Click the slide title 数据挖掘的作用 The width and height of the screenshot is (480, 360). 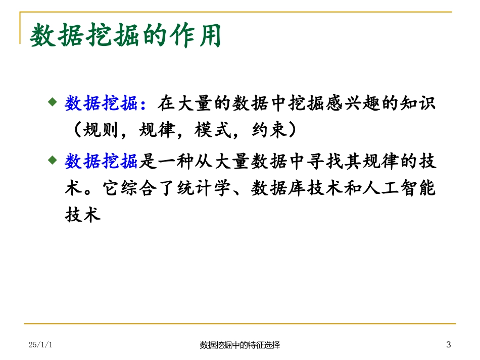(x=126, y=37)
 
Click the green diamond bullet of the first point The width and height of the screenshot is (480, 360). (x=52, y=102)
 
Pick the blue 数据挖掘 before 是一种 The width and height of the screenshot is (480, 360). (x=101, y=162)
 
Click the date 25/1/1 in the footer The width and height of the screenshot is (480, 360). (x=41, y=345)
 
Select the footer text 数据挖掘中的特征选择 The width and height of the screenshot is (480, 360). (x=240, y=345)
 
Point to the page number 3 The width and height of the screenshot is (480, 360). (x=448, y=345)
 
